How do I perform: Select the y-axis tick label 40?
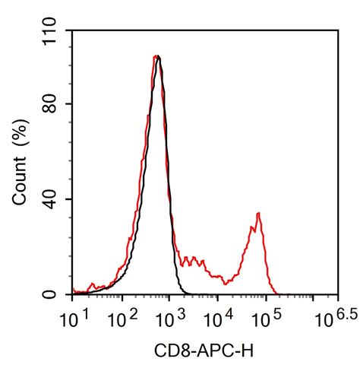click(55, 199)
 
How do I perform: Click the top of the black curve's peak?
click(158, 56)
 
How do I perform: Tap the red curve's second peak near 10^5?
click(259, 214)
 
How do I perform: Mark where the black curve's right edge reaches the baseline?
click(185, 294)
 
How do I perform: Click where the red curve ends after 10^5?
click(278, 294)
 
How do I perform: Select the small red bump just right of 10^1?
click(92, 285)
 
